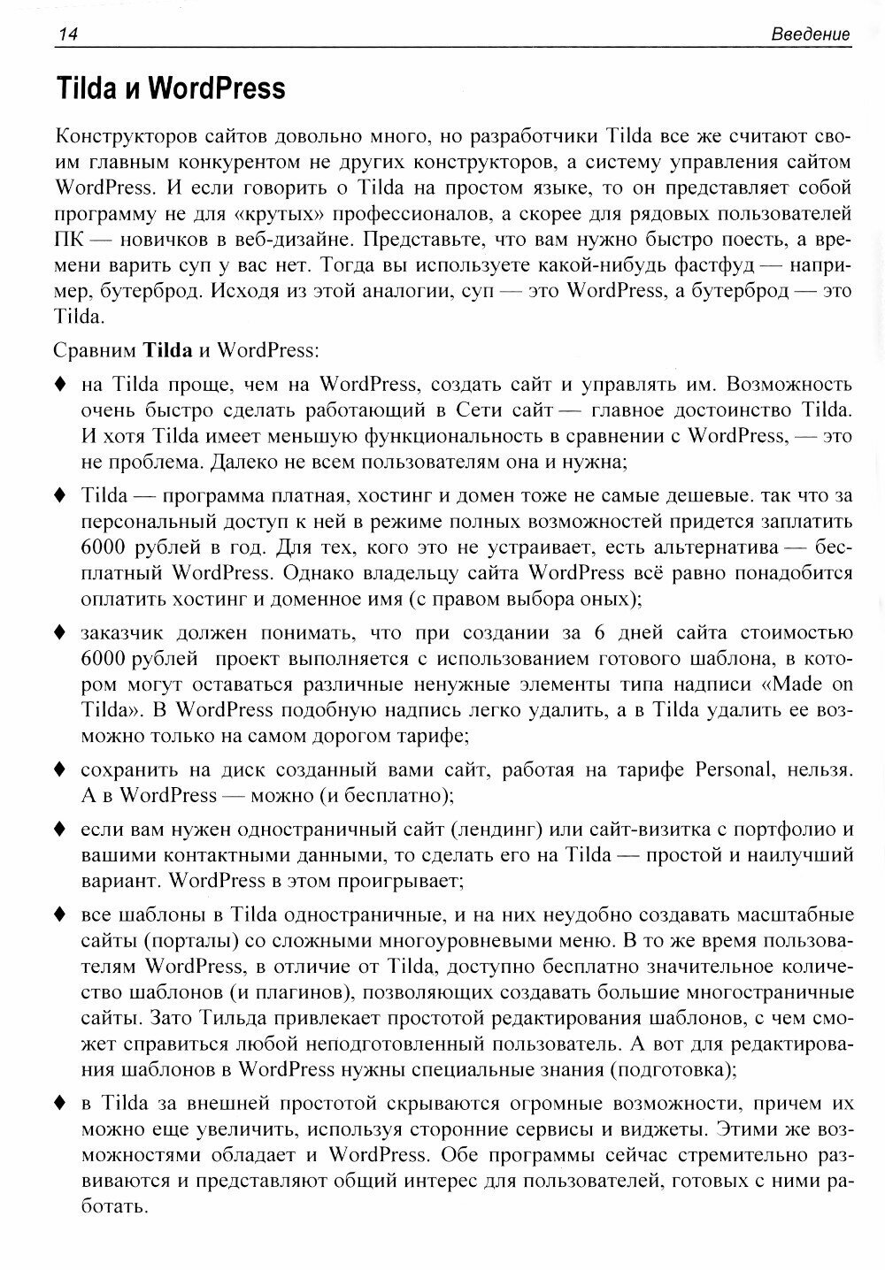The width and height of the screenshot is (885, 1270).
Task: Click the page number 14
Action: (x=67, y=34)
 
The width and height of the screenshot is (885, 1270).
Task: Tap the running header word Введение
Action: (x=810, y=34)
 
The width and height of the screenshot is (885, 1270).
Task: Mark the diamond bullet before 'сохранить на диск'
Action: (x=60, y=769)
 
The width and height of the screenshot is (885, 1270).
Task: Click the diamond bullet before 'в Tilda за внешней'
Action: (x=60, y=1104)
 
